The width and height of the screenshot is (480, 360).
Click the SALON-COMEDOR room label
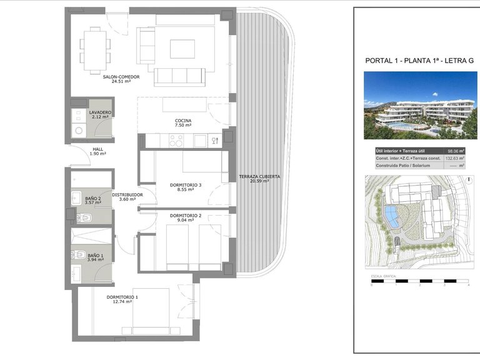coord(121,77)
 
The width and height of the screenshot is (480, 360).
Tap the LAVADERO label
coord(100,112)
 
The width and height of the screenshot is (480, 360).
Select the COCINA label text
coord(183,121)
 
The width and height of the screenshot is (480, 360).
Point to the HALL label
coord(97,149)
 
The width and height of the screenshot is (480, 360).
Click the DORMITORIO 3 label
coord(186,185)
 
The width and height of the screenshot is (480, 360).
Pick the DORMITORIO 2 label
coord(186,216)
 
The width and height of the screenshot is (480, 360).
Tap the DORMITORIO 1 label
coord(122,297)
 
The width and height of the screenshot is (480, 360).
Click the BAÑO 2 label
coord(93,199)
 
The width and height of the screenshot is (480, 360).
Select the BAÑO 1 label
coord(96,256)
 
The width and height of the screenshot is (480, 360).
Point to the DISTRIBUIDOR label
coord(127,194)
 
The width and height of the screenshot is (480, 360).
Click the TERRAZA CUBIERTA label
coord(259,177)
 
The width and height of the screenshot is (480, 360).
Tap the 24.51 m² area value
coord(121,81)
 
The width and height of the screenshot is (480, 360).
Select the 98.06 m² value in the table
coord(454,151)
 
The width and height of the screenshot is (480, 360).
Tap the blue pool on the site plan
coord(390,216)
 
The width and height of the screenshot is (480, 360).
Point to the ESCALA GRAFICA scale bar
coord(419,281)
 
